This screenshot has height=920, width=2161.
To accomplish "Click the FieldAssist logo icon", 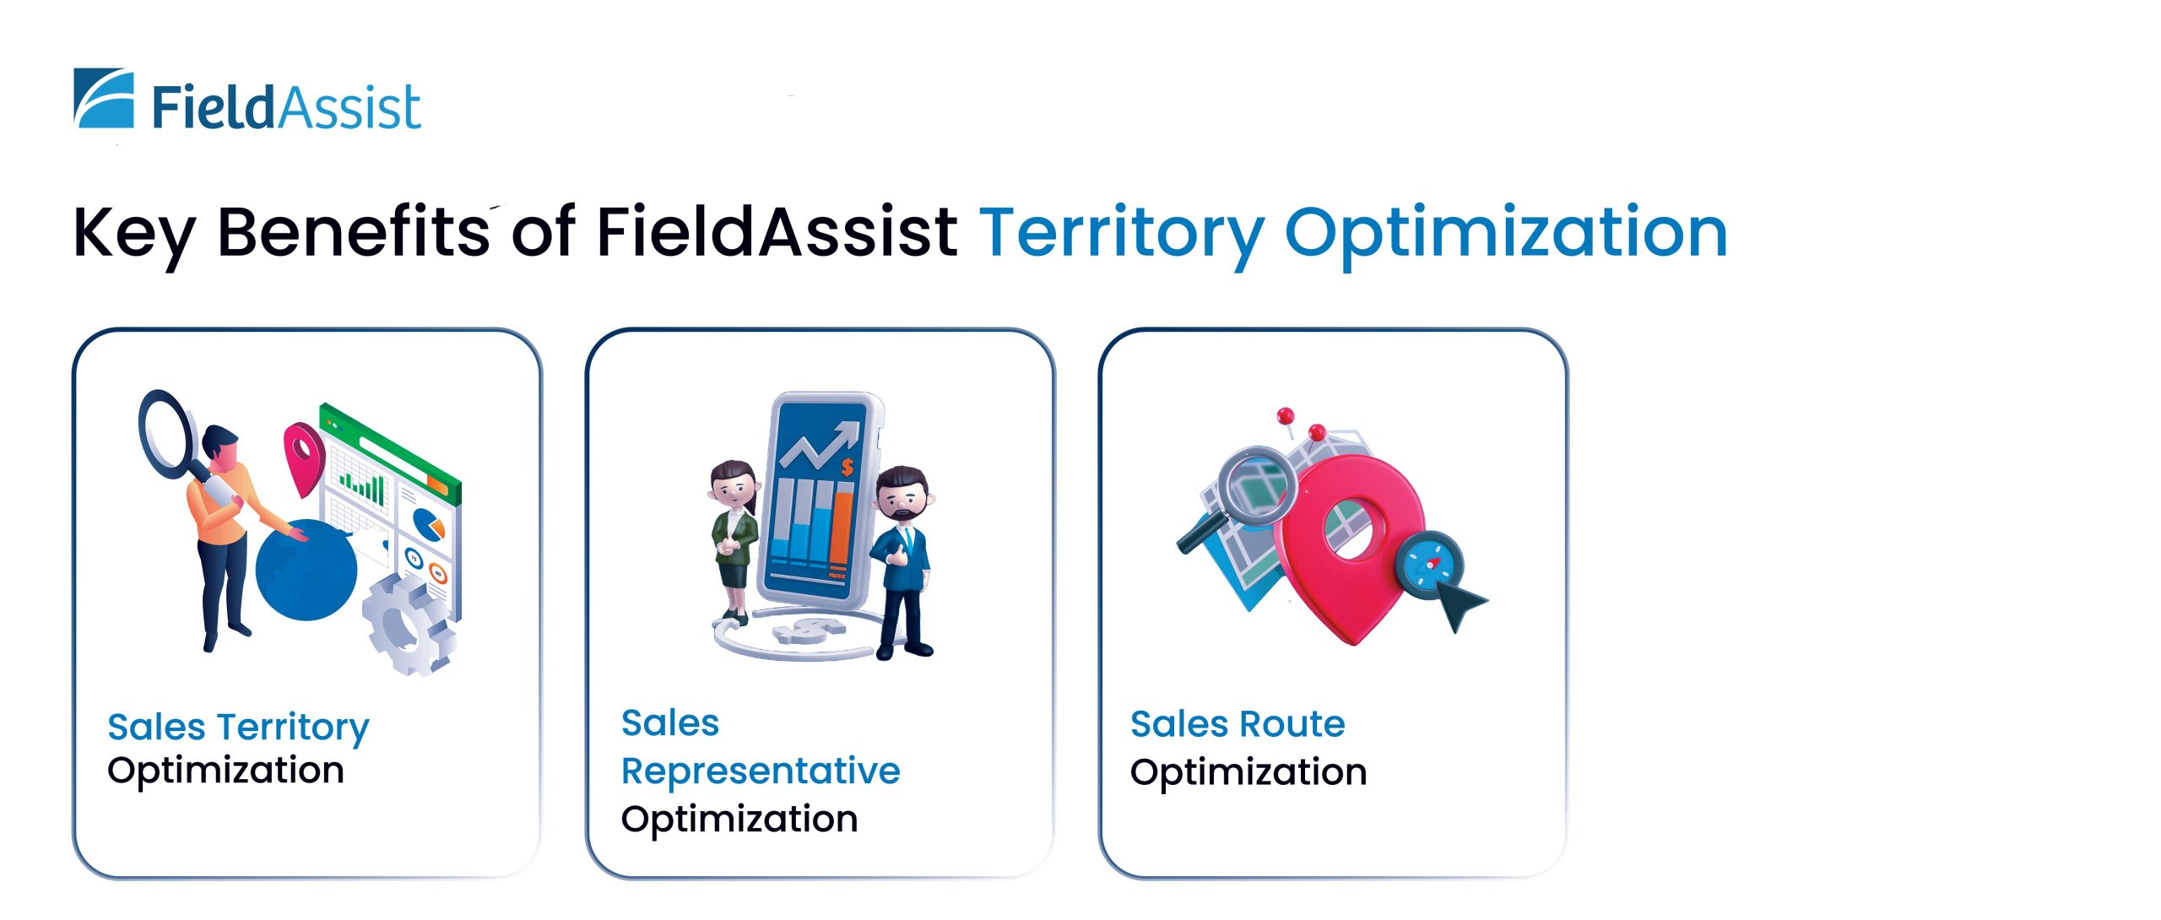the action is pos(104,98).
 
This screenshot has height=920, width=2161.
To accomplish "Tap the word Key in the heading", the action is pos(134,233).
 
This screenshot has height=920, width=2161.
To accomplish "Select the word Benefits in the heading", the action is pos(354,230).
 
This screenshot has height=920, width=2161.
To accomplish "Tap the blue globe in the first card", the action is pos(306,570).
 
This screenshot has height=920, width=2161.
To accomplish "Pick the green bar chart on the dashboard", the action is pos(363,487).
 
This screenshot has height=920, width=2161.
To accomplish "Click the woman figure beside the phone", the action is pos(734,540).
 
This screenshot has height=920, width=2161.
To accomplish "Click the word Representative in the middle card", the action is pos(761,771).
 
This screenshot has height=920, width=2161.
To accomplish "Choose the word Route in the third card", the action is pos(1292,724).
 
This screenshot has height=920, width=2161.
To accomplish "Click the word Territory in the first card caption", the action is pos(294,728).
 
